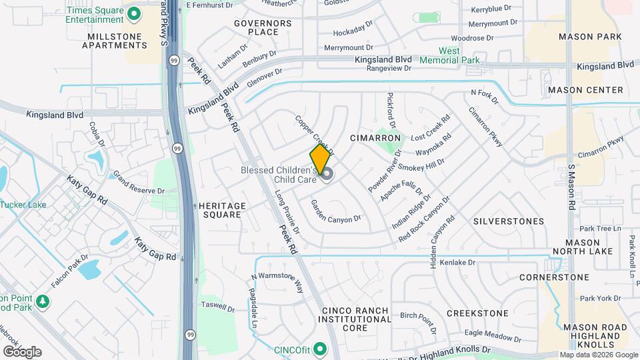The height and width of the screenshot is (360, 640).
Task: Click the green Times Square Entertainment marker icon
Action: pyautogui.click(x=133, y=13)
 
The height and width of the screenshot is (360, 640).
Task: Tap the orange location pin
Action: pyautogui.click(x=320, y=158)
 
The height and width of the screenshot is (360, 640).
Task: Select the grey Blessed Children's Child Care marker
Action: pyautogui.click(x=327, y=173)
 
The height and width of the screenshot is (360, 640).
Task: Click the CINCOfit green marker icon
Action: pyautogui.click(x=320, y=349)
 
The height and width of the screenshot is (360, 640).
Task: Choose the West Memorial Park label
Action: pyautogui.click(x=459, y=55)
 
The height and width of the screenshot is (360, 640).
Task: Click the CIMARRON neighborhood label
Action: pyautogui.click(x=375, y=138)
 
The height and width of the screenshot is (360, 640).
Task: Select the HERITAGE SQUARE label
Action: pyautogui.click(x=223, y=210)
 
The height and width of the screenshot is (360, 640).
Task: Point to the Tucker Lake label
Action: pyautogui.click(x=24, y=204)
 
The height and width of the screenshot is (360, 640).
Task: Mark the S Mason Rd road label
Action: pyautogui.click(x=571, y=187)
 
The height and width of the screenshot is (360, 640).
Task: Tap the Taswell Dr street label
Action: pyautogui.click(x=218, y=309)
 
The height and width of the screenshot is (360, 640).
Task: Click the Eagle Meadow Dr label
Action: pyautogui.click(x=492, y=333)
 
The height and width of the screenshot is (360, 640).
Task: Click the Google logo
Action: pyautogui.click(x=21, y=352)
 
